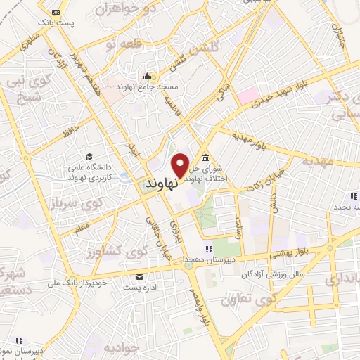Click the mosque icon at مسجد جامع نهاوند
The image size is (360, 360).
click(x=148, y=77)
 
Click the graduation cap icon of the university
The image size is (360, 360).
click(x=89, y=156)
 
